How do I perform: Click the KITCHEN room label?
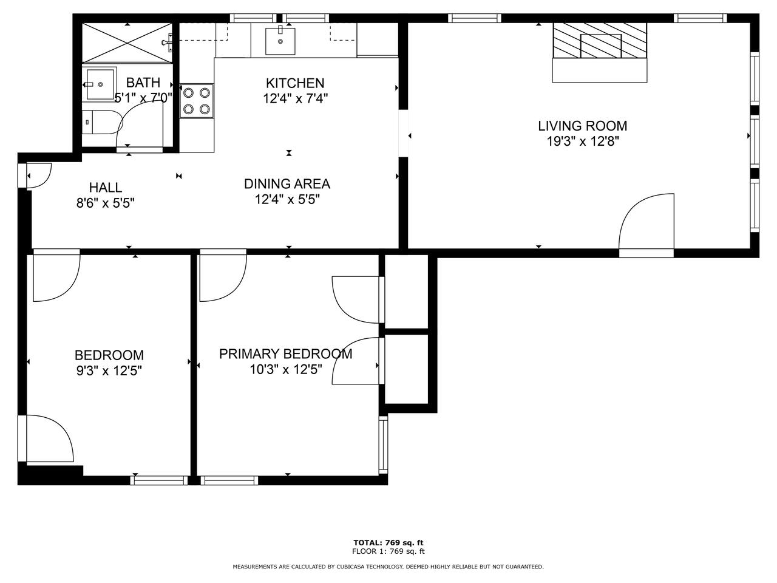295,83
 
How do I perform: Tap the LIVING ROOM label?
582,126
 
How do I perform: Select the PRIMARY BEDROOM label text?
286,354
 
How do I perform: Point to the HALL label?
106,187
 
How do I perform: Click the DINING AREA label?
287,184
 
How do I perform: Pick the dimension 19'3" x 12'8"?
583,141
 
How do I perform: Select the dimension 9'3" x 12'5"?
109,370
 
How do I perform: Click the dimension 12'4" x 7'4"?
295,98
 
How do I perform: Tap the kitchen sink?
280,41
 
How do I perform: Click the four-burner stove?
197,101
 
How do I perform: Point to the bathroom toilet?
102,122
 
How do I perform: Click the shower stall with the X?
127,43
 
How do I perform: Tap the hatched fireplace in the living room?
600,40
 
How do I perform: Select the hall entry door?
39,176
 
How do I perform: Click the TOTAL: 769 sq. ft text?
388,543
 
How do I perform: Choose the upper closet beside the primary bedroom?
406,291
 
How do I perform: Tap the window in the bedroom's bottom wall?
159,480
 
